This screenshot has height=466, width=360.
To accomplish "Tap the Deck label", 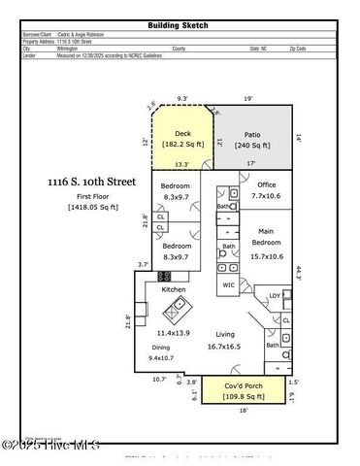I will coord(182,134).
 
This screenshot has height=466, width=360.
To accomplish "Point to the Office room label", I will coord(267,185).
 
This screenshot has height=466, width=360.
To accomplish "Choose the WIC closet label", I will coord(229,284).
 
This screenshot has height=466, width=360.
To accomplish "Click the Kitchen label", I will coord(173,290).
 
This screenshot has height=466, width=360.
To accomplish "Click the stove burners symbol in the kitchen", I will coord(165,277).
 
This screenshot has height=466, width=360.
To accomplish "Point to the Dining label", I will coord(160,347).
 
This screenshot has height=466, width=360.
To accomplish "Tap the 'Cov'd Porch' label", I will coord(244,386).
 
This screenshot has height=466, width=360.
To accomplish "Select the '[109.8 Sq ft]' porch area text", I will coord(244,396).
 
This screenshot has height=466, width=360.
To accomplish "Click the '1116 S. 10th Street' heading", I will coord(92,182).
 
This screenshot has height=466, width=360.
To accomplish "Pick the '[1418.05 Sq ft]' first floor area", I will coord(92,207).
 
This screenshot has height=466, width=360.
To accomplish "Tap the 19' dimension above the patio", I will coord(249,98).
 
